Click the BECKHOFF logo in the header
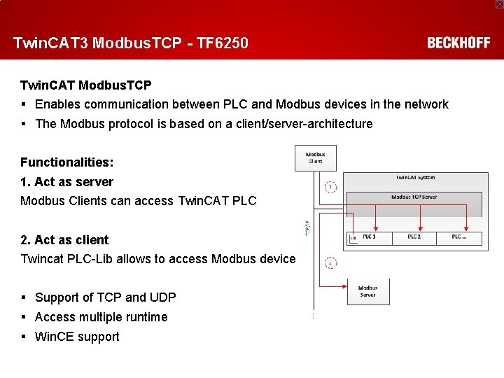point(458,43)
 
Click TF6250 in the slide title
point(222,43)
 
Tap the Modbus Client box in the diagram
point(315,157)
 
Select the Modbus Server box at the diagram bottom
point(367,291)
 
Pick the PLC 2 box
point(414,238)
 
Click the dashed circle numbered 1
point(331,187)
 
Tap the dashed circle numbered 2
point(331,263)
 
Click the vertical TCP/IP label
point(306,227)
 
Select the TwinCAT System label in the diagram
point(415,178)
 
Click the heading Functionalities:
point(66,162)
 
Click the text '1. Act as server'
point(66,182)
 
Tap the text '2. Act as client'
point(64,240)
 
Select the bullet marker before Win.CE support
point(24,337)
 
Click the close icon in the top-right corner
point(499,4)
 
